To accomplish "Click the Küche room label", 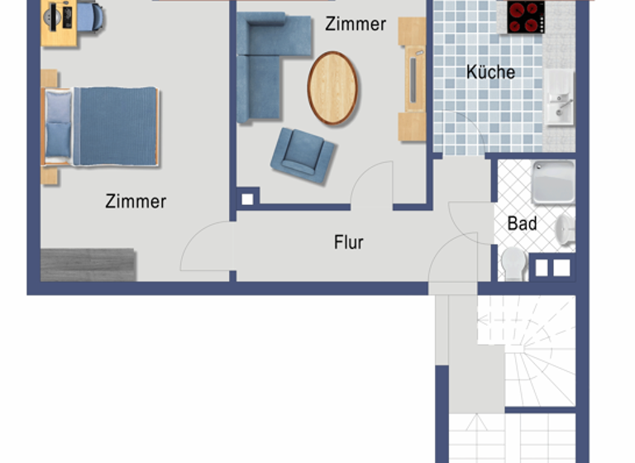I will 490,72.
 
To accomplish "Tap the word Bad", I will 522,223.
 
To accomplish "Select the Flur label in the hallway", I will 349,242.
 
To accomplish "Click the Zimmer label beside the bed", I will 136,201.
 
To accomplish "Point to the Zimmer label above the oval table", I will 355,24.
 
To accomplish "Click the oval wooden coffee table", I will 333,88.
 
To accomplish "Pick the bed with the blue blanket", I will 103,126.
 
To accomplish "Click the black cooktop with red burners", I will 526,17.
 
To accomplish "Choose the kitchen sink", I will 559,96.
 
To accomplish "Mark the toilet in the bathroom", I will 513,263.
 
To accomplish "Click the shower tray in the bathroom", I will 552,182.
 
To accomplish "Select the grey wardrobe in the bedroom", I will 88,264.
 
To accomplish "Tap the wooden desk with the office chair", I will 72,21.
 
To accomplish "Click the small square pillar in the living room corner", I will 247,198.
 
